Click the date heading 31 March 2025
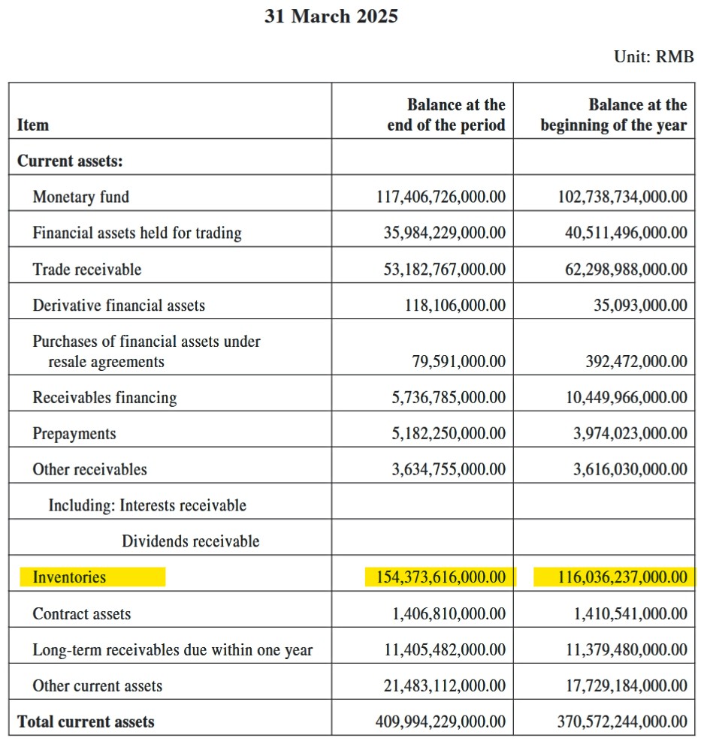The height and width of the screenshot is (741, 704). tap(331, 17)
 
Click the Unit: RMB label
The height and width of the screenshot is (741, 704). tap(654, 57)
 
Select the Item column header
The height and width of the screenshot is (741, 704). tap(33, 125)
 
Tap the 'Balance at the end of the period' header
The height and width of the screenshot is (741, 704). tap(446, 115)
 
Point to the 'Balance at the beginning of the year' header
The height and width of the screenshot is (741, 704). tap(613, 115)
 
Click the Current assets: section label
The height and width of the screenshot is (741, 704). tap(70, 161)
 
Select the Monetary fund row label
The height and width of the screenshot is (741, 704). tap(80, 197)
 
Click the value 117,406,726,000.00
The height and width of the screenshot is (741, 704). tap(440, 197)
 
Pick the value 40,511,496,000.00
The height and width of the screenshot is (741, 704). tap(626, 233)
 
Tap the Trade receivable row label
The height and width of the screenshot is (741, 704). tap(86, 270)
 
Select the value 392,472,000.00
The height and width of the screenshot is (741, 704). tap(636, 362)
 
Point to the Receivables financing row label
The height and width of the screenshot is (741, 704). tap(104, 398)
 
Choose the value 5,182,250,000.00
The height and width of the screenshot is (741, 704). tap(449, 434)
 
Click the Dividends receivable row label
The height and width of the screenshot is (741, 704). tap(191, 541)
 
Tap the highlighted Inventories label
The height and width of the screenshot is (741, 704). tap(69, 577)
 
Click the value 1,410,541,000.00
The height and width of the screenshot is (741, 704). tap(630, 614)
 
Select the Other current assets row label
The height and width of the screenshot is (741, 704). tap(97, 686)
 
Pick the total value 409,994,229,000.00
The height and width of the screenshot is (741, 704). tap(440, 722)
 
